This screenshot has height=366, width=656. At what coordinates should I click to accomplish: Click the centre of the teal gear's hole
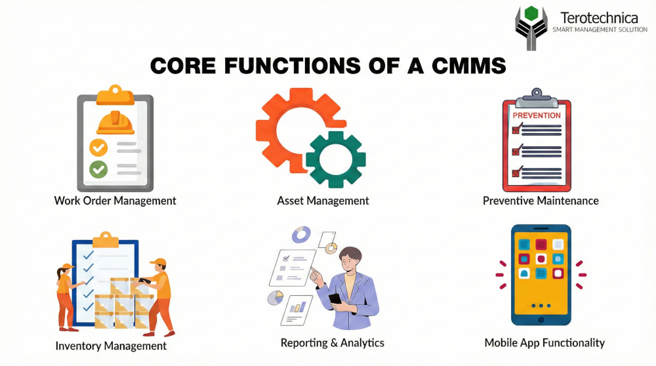(335, 159)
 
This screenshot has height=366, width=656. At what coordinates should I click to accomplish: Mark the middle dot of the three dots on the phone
(541, 306)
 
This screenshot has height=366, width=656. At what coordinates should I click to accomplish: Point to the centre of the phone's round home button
(541, 320)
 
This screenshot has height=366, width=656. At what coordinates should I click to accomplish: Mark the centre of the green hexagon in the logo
(531, 13)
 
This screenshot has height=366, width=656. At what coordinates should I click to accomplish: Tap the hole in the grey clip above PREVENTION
(537, 92)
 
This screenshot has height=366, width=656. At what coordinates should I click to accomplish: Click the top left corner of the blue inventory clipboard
(72, 240)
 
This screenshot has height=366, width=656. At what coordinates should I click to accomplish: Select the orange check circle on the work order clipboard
(99, 148)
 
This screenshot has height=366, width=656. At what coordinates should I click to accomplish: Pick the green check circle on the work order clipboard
(99, 169)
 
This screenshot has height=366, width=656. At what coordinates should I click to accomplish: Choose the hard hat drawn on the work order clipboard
(115, 123)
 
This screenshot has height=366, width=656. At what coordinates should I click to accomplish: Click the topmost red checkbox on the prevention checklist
(517, 129)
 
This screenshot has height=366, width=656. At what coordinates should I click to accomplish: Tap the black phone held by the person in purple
(335, 299)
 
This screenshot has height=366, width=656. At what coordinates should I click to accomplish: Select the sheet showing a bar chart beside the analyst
(297, 310)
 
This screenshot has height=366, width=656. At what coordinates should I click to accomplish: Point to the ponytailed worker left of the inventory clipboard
(66, 297)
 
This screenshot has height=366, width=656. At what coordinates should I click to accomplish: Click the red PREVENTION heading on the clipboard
(537, 115)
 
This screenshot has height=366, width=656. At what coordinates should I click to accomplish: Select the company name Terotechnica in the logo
(599, 18)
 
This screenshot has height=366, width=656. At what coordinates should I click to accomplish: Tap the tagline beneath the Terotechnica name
(600, 30)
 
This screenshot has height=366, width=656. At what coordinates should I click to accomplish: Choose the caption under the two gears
(323, 201)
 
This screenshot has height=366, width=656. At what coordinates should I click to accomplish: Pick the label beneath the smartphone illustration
(544, 343)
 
